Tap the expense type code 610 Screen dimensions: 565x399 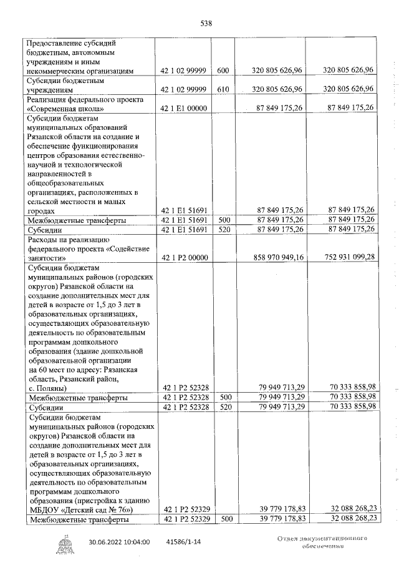223,90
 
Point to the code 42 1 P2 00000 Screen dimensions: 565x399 185,257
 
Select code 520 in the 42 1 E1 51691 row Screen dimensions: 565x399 223,230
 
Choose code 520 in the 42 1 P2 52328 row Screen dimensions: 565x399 223,406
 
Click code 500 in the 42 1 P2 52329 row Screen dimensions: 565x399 223,519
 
